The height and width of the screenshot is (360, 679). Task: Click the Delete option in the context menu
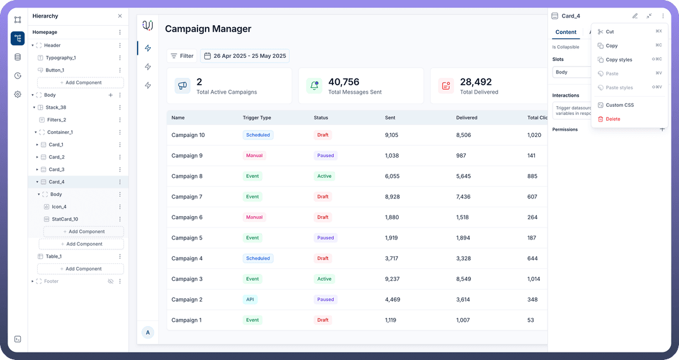click(x=612, y=119)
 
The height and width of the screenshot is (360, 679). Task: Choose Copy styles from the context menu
click(x=619, y=60)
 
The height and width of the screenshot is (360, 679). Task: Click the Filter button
click(x=182, y=56)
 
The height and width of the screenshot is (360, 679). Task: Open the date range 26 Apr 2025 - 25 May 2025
click(x=245, y=56)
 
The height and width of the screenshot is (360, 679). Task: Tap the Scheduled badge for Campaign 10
click(x=258, y=135)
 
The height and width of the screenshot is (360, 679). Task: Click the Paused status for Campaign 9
click(x=326, y=156)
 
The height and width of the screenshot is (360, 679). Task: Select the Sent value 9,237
click(x=392, y=279)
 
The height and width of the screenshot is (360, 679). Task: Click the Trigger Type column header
click(x=257, y=117)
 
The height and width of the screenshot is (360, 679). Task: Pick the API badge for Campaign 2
click(x=250, y=300)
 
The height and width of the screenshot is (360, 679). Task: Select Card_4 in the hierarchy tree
click(x=57, y=182)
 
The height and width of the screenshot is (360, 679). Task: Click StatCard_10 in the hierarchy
click(x=65, y=219)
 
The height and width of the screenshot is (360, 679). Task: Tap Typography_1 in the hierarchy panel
click(x=60, y=58)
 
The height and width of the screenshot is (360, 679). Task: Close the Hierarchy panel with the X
click(x=120, y=16)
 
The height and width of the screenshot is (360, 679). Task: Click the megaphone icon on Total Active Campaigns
click(x=182, y=85)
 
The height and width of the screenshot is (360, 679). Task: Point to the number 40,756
click(x=344, y=82)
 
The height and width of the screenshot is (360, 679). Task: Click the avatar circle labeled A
click(x=148, y=332)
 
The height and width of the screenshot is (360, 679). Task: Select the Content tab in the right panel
click(x=566, y=32)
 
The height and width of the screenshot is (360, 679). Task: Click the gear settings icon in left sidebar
click(x=18, y=94)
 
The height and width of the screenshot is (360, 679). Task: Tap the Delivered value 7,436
click(x=463, y=197)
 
